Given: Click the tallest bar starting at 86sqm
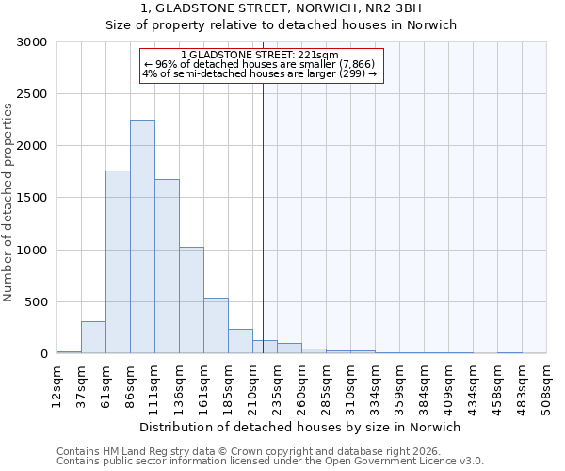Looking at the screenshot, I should pyautogui.click(x=142, y=236).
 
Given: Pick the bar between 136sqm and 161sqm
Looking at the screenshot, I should pyautogui.click(x=191, y=300).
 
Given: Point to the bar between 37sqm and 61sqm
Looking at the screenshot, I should pyautogui.click(x=93, y=337).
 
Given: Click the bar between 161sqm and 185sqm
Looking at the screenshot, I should pyautogui.click(x=216, y=326).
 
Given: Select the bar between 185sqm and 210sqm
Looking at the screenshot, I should pyautogui.click(x=240, y=341).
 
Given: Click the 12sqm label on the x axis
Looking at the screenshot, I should pyautogui.click(x=57, y=382).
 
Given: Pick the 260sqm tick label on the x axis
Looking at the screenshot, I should pyautogui.click(x=302, y=385).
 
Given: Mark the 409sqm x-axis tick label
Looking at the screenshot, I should pyautogui.click(x=449, y=385).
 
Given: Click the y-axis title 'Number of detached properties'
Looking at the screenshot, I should pyautogui.click(x=8, y=203).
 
